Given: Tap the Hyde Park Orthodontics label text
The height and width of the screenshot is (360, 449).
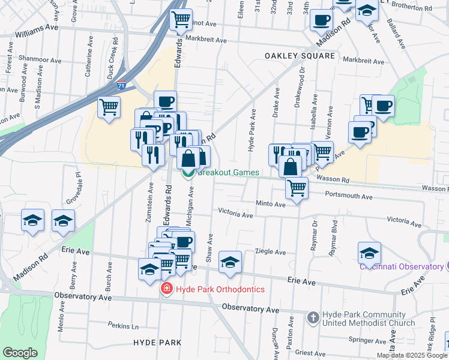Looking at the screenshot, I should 220,289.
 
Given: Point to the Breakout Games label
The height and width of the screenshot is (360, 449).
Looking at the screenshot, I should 229,173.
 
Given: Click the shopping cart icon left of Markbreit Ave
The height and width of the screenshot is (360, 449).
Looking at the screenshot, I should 181,20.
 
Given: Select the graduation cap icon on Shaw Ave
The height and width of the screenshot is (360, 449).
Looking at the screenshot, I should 230,262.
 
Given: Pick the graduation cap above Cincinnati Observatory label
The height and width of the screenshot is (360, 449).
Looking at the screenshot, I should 370,253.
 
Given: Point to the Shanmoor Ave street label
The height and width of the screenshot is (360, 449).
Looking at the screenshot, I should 40,61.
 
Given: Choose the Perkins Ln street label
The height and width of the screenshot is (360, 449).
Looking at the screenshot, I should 124,326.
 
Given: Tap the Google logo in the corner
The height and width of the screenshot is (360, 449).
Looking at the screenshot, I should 20,353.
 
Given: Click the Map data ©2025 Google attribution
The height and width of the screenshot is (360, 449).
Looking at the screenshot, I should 412,355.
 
